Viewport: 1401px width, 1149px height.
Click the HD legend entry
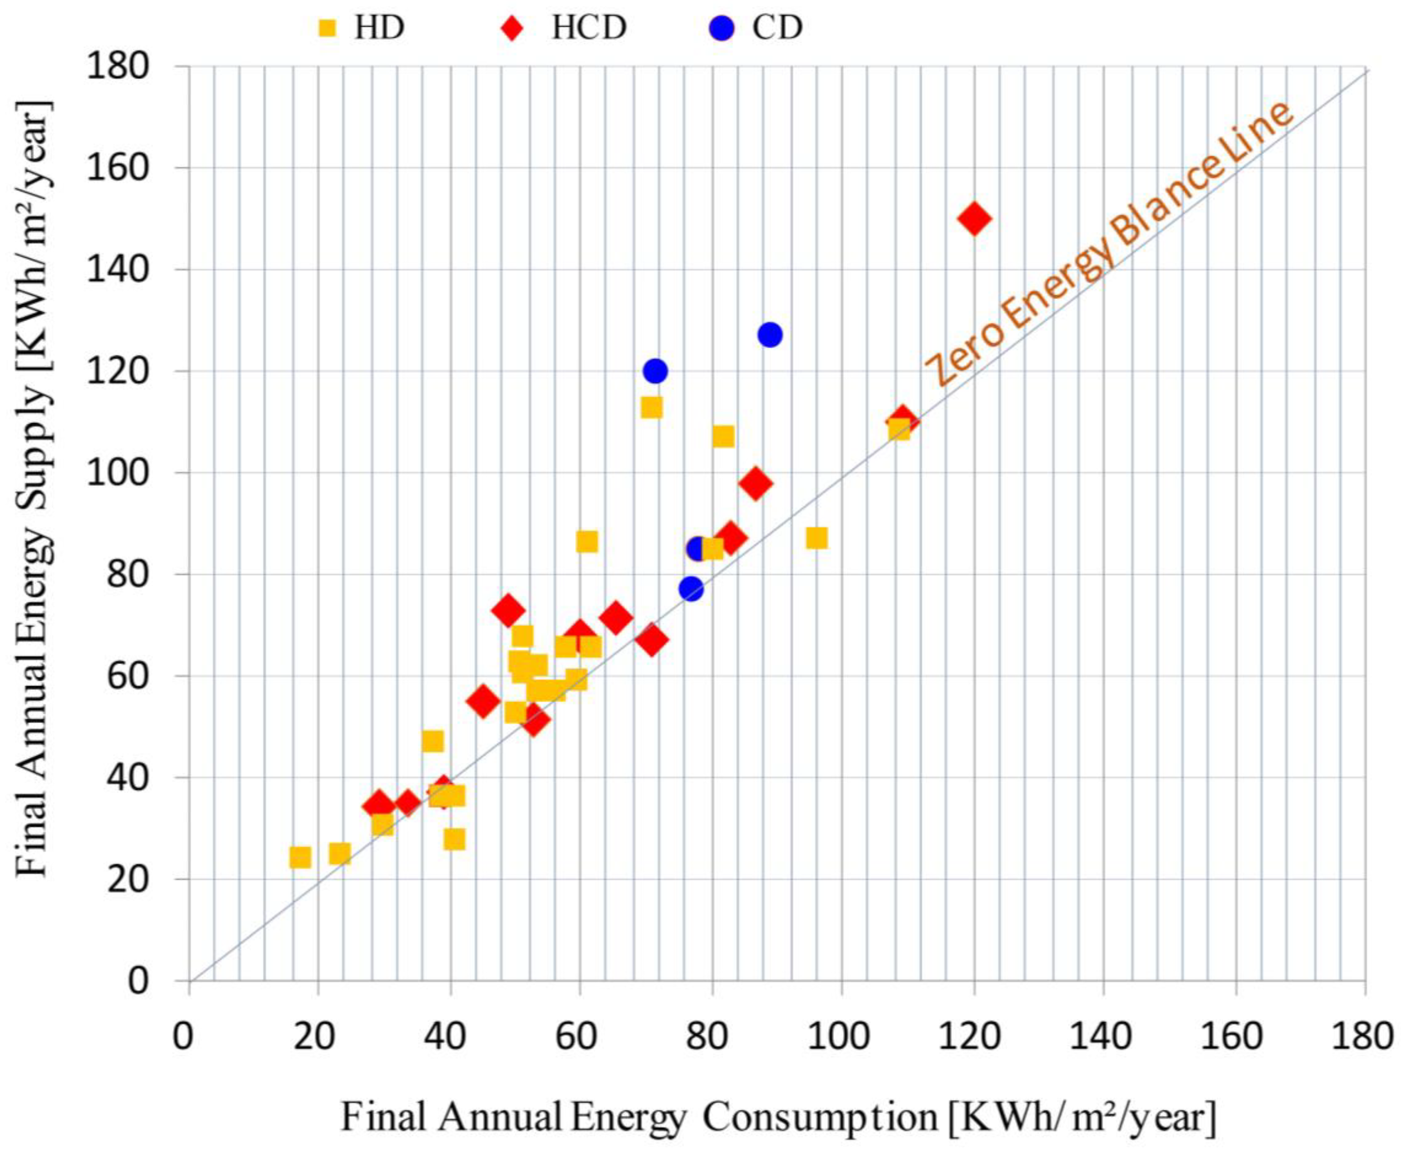pos(361,28)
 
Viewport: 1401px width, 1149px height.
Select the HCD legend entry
pos(569,28)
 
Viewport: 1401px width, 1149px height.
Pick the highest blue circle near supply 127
pos(770,335)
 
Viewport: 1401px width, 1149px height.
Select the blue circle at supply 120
pos(655,371)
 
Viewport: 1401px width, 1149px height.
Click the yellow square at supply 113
pos(651,408)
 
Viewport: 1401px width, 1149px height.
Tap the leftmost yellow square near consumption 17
pos(300,858)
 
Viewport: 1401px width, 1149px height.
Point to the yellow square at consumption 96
pos(816,538)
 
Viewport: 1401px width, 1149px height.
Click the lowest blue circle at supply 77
pos(691,588)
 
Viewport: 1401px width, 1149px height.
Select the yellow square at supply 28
pos(454,839)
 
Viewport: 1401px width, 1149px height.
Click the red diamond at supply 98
pos(755,484)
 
